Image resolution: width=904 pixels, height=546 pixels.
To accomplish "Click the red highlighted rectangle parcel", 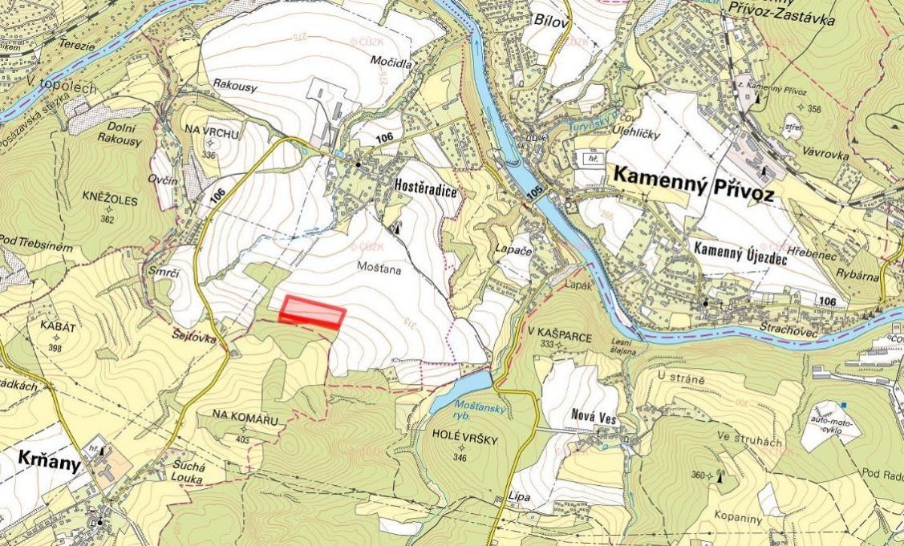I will pyautogui.click(x=312, y=312).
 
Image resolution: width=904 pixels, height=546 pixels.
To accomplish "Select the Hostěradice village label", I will pyautogui.click(x=424, y=184).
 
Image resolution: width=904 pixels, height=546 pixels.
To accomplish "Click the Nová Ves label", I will pyautogui.click(x=592, y=415).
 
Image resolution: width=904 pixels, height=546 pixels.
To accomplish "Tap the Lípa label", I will pyautogui.click(x=518, y=498).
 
